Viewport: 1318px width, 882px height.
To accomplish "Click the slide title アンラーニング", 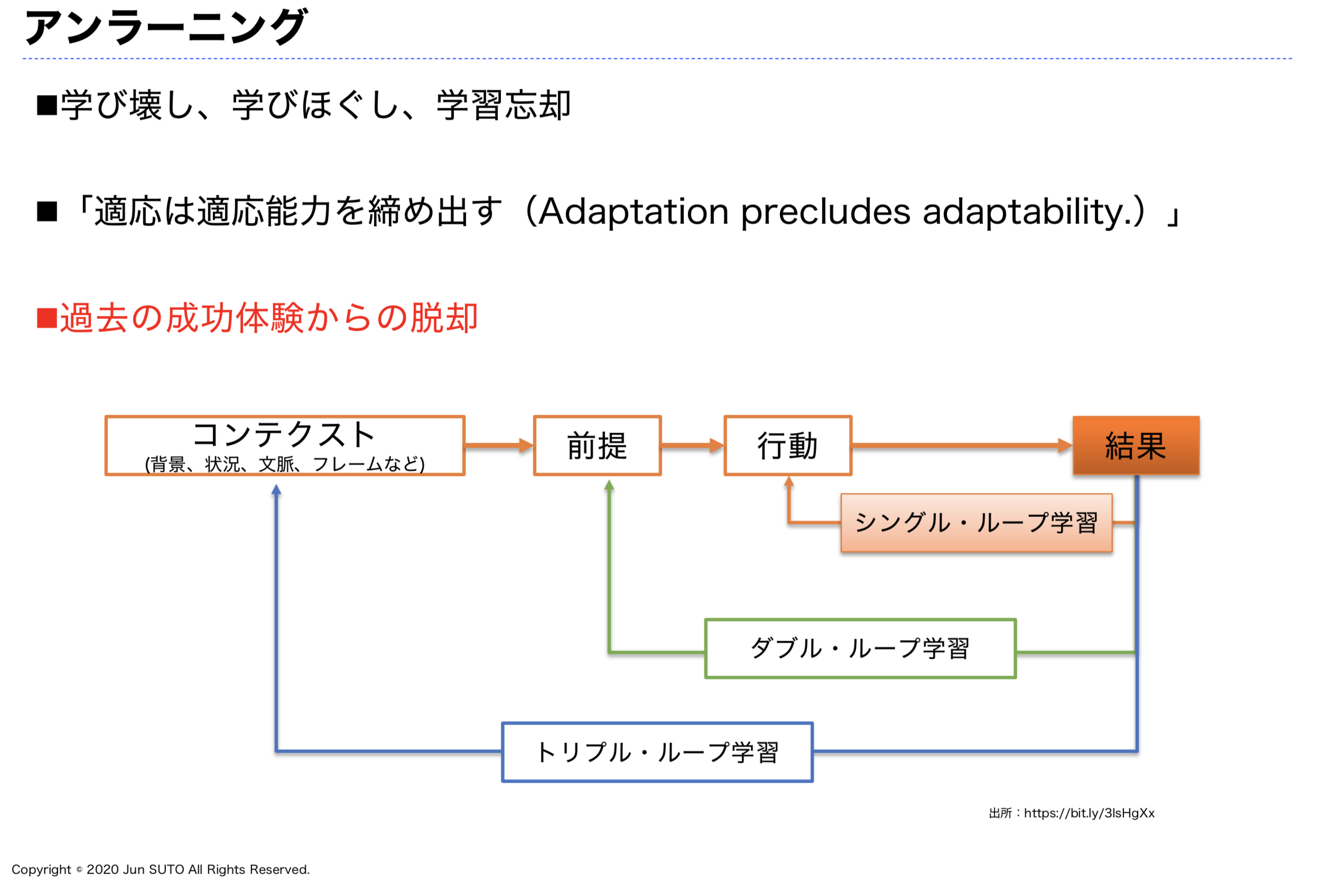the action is [165, 26].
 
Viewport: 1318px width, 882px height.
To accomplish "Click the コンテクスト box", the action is [285, 446].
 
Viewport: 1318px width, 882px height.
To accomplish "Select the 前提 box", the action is [597, 446].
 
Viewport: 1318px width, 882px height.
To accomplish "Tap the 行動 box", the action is [788, 446].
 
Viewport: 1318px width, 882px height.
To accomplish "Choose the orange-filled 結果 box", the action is [1136, 446].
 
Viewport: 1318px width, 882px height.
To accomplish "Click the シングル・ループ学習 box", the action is [977, 522].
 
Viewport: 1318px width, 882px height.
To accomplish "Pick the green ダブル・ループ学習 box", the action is [860, 649].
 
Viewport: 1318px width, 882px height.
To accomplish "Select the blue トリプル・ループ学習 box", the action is [657, 752].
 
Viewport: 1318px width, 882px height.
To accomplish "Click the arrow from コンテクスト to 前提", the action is [499, 446].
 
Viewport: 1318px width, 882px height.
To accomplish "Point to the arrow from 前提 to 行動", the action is [693, 446].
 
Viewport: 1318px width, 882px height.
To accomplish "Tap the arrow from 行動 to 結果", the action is [962, 446].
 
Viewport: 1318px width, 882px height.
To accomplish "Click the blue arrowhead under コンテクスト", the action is [276, 490].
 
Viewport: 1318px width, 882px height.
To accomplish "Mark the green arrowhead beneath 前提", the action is [609, 485].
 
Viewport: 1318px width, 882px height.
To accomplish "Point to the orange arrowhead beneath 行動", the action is [789, 481].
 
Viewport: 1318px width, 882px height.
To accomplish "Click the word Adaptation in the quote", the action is [634, 212].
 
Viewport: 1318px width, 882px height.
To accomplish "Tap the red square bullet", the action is [47, 318].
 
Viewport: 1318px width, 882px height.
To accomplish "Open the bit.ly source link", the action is [1089, 813].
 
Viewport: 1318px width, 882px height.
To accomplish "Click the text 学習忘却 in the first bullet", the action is [504, 105].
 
